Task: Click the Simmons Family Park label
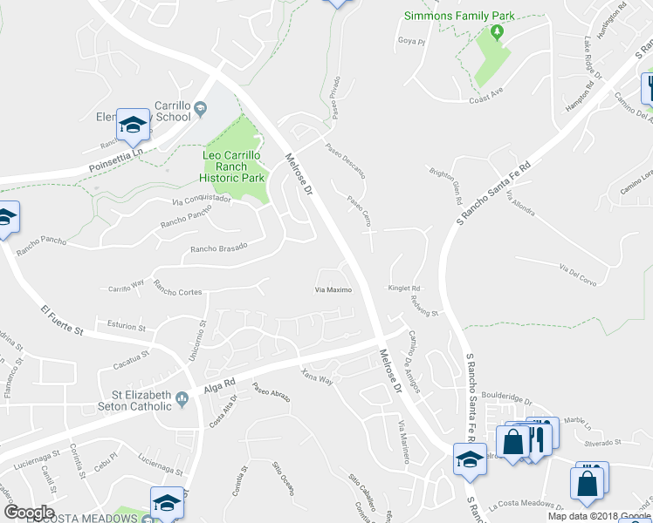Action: (459, 16)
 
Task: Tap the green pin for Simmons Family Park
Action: (497, 32)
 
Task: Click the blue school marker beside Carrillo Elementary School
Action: (134, 127)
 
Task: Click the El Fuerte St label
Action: (61, 321)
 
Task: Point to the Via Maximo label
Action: (333, 289)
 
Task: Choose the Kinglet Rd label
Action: (405, 288)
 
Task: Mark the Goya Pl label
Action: (410, 41)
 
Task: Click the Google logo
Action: (29, 513)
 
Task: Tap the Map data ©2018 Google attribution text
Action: (599, 516)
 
